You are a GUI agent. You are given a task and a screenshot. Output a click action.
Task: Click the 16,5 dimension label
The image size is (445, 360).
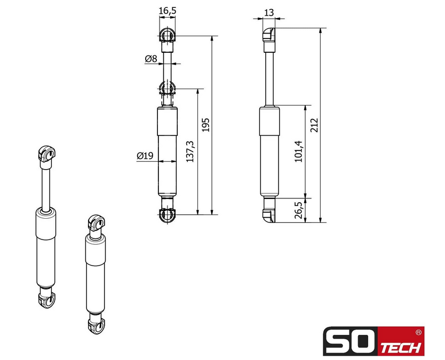168,11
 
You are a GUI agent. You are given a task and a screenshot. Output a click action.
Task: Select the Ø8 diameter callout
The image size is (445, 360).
150,59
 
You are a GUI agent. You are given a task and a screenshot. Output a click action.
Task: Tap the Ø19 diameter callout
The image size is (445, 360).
145,155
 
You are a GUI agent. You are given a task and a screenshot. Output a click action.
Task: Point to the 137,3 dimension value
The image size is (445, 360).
190,151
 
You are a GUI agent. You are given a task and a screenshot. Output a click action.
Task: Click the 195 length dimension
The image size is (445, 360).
206,125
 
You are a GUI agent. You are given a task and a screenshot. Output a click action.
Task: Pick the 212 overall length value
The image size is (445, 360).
314,125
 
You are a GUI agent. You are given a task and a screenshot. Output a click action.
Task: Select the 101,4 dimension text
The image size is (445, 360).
299,151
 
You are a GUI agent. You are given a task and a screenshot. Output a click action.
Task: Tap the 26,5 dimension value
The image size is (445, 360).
299,210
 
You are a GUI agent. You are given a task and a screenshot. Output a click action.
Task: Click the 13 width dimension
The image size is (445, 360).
269,12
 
